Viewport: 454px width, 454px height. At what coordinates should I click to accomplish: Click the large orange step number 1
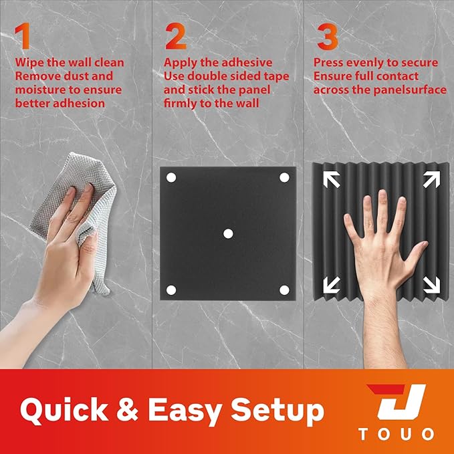coord(23,36)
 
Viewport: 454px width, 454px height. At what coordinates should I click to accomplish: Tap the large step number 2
coord(175,37)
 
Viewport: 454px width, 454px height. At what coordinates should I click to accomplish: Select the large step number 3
coord(328,37)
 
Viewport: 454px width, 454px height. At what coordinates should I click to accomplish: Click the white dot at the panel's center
coord(228,233)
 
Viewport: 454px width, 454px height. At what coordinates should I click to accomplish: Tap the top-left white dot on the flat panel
coord(171,177)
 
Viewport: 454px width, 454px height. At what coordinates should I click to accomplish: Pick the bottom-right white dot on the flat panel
coord(284,290)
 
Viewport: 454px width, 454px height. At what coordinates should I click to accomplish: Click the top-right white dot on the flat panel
coord(284,177)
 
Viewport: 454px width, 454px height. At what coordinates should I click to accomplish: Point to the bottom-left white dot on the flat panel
coord(171,290)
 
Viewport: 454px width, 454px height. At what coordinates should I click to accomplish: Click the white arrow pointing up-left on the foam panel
coord(332,179)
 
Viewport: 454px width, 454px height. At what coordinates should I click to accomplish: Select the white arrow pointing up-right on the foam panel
coord(431,179)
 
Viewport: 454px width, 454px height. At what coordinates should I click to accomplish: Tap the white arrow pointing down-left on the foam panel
coord(332,285)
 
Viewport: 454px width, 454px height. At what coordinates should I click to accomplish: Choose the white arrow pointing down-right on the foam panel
coord(431,285)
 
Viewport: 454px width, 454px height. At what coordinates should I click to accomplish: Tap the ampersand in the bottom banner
coord(128,410)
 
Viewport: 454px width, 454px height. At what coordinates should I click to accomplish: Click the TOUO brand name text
coord(396,435)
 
